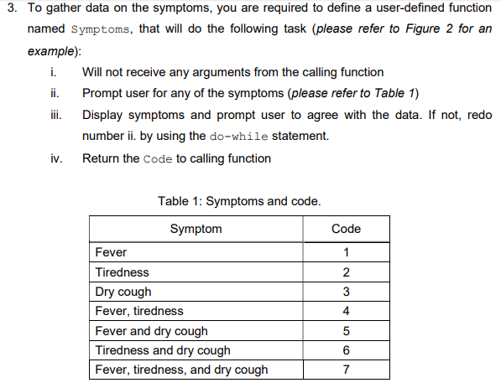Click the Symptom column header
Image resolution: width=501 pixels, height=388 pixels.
click(x=196, y=229)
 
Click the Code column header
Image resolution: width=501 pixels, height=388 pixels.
click(x=346, y=229)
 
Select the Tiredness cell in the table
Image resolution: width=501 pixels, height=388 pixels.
click(x=123, y=272)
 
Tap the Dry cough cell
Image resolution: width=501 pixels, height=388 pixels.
click(x=124, y=292)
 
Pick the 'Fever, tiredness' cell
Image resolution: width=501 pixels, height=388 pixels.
click(x=139, y=311)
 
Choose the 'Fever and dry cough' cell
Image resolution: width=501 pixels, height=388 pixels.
click(x=152, y=331)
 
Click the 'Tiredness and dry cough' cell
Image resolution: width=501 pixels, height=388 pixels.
click(x=163, y=350)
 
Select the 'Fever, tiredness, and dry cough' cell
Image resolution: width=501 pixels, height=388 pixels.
click(x=182, y=370)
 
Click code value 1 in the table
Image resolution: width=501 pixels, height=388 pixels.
click(x=347, y=253)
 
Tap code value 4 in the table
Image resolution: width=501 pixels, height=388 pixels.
click(x=347, y=311)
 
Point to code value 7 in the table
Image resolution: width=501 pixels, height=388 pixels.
click(x=347, y=370)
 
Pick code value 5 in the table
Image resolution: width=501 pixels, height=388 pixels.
click(x=347, y=331)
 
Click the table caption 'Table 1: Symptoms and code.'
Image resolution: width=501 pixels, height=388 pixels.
click(x=239, y=201)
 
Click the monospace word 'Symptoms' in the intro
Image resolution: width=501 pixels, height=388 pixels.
click(x=105, y=29)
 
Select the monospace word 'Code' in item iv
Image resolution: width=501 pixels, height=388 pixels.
click(x=158, y=159)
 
